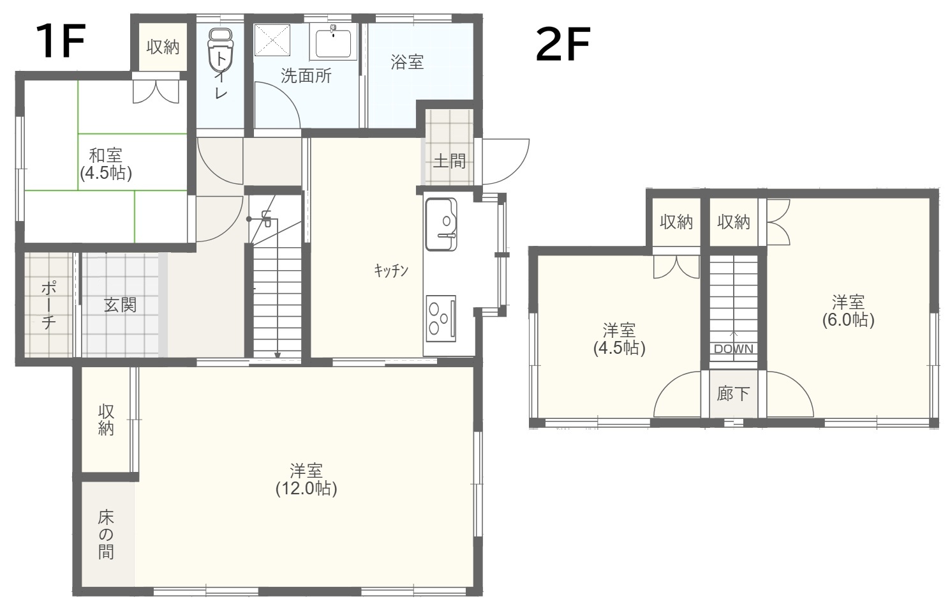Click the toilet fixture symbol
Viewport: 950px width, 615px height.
[x=221, y=49]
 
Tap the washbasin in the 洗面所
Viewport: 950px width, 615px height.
[x=333, y=42]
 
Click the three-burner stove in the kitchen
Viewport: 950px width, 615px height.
[x=441, y=318]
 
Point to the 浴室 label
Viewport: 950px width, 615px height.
[x=406, y=63]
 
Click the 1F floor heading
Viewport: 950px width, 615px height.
[x=61, y=41]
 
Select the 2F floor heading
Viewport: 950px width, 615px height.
[x=563, y=44]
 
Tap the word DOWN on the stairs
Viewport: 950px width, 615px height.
[x=734, y=349]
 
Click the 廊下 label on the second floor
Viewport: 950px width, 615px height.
[x=733, y=394]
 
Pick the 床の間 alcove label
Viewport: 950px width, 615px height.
[x=106, y=535]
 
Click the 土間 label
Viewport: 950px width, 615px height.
[x=449, y=161]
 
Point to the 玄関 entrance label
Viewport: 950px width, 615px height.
[x=120, y=305]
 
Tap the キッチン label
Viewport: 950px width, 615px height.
[x=391, y=270]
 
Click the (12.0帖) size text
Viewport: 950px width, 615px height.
[x=306, y=489]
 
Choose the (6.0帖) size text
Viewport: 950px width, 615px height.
[x=848, y=319]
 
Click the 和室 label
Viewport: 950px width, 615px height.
[x=106, y=155]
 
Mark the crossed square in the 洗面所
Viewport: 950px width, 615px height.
[x=272, y=40]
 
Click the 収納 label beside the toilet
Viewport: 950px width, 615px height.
[x=163, y=47]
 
